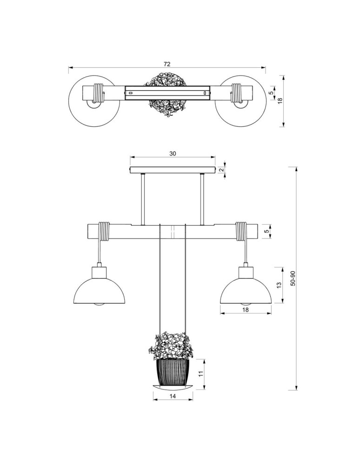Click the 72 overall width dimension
click(167, 64)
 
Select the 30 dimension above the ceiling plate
click(173, 153)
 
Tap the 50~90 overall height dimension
click(293, 278)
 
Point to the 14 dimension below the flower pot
click(173, 396)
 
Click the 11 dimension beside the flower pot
click(201, 373)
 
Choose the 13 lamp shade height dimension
click(279, 285)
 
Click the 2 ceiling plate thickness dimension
click(222, 170)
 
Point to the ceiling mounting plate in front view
click(173, 171)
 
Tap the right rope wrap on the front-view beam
click(241, 232)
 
